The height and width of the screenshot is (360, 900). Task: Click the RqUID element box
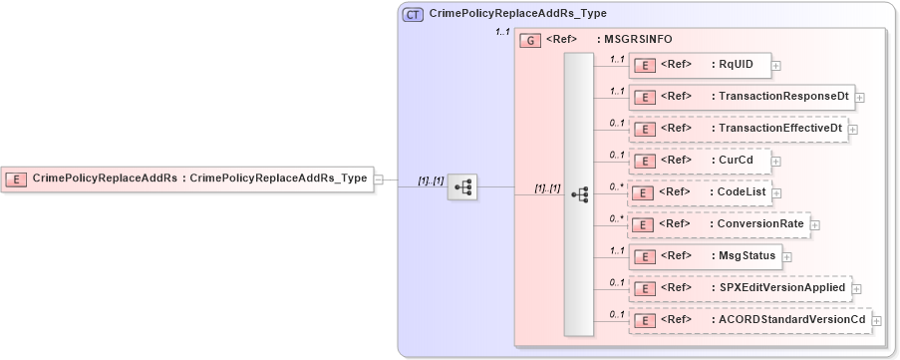tap(700, 65)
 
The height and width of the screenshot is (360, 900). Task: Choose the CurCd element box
tap(700, 160)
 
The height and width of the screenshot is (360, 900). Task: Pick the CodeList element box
tap(705, 192)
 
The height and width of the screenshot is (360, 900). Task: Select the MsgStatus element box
tap(705, 256)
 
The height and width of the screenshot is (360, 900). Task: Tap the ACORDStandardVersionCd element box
tap(750, 319)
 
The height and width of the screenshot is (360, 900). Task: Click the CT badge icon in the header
tap(413, 15)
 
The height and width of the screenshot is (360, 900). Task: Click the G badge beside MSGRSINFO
tap(531, 40)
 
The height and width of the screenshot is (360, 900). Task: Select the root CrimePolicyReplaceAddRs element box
tap(186, 179)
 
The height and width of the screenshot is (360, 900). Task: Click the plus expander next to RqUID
tap(776, 66)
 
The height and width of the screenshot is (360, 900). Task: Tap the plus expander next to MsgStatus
tap(787, 257)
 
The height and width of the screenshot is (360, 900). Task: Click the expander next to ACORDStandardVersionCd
tap(878, 320)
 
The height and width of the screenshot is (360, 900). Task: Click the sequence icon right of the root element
tap(462, 186)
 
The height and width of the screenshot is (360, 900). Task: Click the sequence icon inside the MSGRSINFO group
tap(579, 195)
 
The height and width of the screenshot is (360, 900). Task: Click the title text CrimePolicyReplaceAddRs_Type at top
tap(517, 14)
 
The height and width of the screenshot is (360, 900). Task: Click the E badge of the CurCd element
tap(645, 161)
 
